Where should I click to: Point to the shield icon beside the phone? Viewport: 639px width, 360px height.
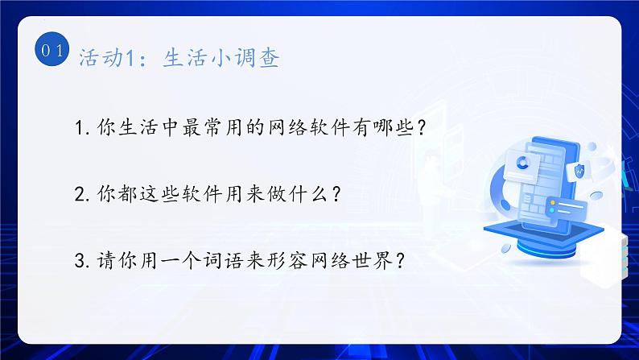tap(579, 170)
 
